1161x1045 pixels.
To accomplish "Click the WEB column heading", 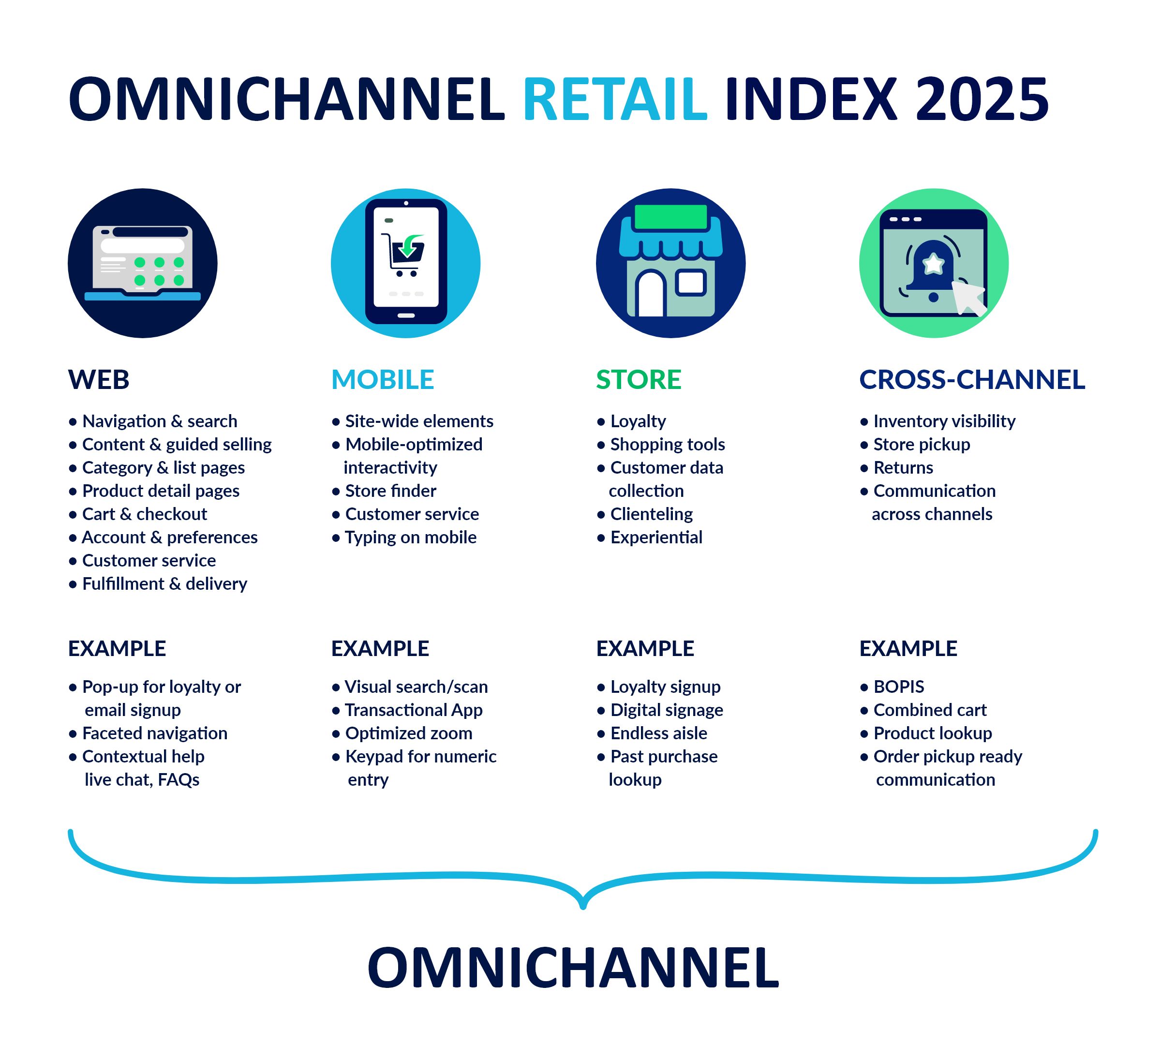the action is pos(99,379).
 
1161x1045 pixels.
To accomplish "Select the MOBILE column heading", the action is pos(383,379).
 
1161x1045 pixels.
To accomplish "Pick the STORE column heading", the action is pos(639,379).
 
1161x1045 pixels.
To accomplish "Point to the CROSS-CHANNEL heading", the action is pos(972,379).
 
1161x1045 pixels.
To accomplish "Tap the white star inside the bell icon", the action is pos(933,264).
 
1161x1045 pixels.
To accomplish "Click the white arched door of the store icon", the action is pos(651,293).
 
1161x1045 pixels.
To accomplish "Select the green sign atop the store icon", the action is pos(670,217).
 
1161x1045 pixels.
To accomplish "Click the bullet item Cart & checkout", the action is pos(145,514).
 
